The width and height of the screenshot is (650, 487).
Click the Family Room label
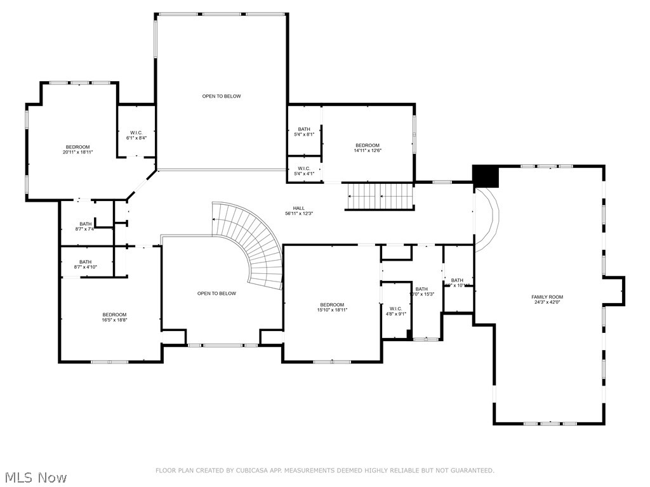click(x=547, y=297)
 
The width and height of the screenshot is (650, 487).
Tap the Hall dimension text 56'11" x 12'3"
click(x=298, y=214)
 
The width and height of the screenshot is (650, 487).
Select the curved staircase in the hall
click(x=254, y=241)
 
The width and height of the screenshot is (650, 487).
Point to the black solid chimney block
click(x=486, y=176)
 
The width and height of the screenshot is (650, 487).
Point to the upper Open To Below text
click(x=222, y=96)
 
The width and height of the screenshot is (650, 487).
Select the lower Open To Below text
click(x=216, y=294)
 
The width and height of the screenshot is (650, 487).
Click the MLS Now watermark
click(x=35, y=477)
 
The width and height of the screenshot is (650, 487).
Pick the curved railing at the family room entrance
click(x=491, y=219)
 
